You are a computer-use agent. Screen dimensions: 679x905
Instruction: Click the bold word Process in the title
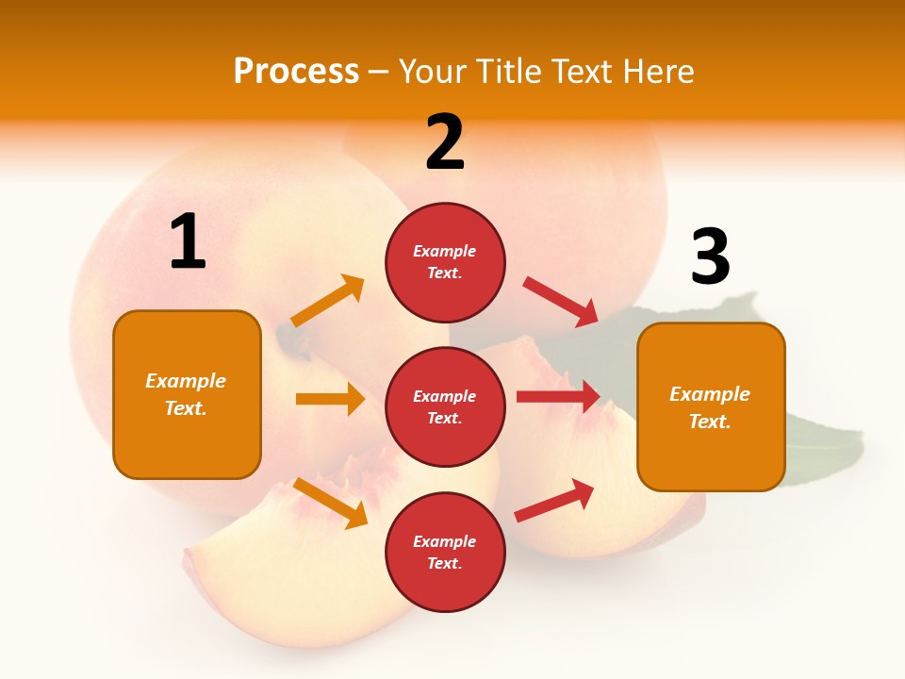(x=296, y=72)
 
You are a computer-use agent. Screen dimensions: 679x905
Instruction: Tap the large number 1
(x=188, y=241)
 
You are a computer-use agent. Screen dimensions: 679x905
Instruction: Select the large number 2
(x=445, y=142)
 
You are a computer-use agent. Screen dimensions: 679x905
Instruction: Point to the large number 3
(x=711, y=257)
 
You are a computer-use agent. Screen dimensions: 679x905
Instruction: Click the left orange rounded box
(x=187, y=394)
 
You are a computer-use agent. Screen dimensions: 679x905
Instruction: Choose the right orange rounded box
(x=711, y=406)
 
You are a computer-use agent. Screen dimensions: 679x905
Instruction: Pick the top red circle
(x=445, y=262)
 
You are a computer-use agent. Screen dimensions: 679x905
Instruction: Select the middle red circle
(x=445, y=406)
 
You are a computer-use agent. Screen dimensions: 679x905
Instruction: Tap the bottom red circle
(x=445, y=552)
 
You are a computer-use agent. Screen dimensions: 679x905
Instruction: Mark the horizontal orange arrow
(x=330, y=399)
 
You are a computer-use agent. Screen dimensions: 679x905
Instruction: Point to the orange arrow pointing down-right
(x=330, y=502)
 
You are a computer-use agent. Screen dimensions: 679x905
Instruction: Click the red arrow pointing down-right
(x=560, y=301)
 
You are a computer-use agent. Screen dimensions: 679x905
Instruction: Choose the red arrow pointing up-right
(x=554, y=500)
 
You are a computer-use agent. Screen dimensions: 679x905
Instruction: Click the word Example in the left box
(x=186, y=381)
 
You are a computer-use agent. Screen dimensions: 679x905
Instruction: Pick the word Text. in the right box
(x=710, y=422)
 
